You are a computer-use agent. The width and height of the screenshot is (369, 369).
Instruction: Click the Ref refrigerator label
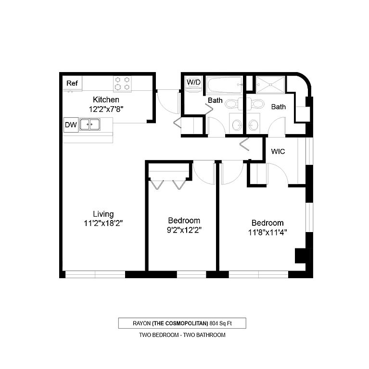point(72,83)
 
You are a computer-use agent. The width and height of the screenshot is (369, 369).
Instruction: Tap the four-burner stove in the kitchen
point(122,84)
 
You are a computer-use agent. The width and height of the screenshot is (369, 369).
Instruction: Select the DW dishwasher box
point(71,125)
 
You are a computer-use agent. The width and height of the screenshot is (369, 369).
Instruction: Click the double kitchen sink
point(90,124)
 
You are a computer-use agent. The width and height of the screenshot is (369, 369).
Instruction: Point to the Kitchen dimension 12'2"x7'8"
point(106,109)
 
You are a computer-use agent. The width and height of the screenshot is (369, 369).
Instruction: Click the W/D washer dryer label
point(193,82)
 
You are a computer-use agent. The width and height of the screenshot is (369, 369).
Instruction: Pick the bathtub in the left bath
point(224,85)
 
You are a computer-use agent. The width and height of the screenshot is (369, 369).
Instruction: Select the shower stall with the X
point(270,85)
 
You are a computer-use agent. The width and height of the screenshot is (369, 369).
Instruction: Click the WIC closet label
point(278,151)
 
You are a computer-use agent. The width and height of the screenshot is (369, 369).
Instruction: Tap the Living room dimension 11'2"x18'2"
point(103,223)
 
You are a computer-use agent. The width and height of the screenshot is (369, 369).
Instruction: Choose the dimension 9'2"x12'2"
point(184,230)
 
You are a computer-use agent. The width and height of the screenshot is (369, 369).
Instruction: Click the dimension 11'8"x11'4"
point(267,233)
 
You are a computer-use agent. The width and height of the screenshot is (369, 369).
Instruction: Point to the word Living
point(103,214)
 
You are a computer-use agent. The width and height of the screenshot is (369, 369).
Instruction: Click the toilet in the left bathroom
point(233,104)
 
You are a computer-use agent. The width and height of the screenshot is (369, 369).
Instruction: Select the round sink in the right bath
point(254,124)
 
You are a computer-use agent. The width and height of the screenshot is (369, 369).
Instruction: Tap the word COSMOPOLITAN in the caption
point(180,323)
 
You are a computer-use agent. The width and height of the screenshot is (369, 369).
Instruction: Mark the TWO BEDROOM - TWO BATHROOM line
point(182,335)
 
